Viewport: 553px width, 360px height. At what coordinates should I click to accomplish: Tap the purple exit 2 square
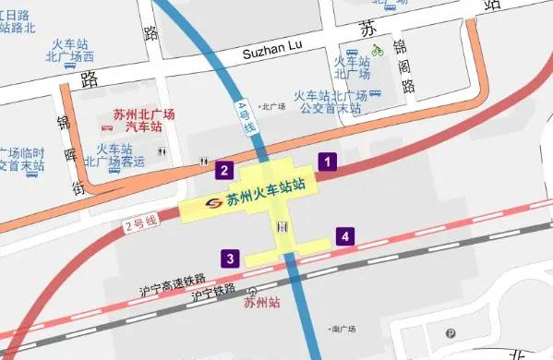222,170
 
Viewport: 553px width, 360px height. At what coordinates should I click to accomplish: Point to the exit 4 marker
343,236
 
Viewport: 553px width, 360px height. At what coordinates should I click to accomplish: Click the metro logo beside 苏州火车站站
212,202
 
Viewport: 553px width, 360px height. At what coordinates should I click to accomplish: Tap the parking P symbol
451,334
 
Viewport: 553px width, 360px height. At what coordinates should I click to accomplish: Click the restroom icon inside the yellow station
283,226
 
